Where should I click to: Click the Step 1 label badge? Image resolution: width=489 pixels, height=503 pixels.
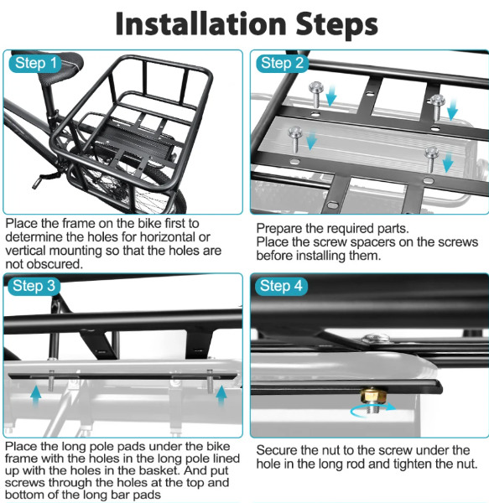point(36,63)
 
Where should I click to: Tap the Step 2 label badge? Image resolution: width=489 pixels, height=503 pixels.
point(281,63)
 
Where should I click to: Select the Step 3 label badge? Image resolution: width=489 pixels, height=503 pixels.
point(36,286)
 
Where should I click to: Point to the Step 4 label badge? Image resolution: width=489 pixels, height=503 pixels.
point(281,286)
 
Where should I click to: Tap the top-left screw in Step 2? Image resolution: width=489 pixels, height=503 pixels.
point(317,89)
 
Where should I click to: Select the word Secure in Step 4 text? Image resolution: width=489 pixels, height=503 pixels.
point(278,450)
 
